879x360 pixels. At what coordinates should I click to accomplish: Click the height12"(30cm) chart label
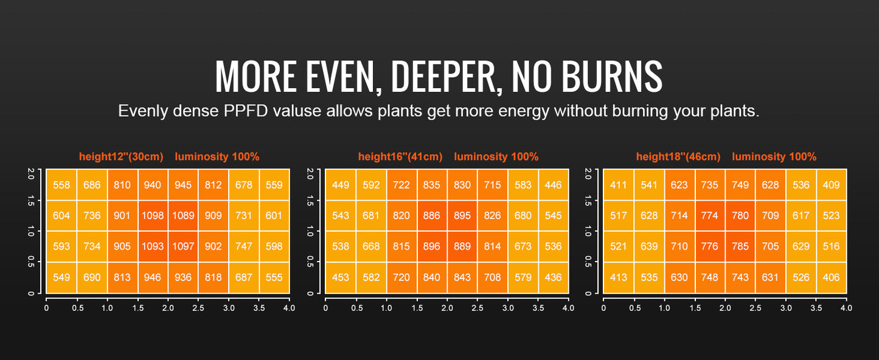tap(121, 157)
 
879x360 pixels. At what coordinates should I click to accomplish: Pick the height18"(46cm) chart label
tap(678, 157)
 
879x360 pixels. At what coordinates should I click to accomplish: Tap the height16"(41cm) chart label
tap(400, 157)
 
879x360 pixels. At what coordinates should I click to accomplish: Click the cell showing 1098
tap(153, 216)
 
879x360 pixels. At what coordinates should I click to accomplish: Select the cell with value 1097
tap(183, 246)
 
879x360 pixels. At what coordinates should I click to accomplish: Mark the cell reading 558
tap(61, 185)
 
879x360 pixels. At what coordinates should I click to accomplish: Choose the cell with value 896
tap(432, 246)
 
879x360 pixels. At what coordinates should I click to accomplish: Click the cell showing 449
tap(341, 185)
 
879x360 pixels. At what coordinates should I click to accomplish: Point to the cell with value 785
tap(740, 246)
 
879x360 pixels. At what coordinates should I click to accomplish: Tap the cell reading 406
tap(831, 277)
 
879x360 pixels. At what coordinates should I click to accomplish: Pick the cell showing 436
tap(553, 277)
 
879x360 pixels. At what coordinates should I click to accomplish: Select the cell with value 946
tap(153, 277)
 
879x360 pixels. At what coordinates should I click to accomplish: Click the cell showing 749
tap(740, 185)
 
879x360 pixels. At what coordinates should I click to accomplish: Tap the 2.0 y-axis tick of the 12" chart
tap(31, 173)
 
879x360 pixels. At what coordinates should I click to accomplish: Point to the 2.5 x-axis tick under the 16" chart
tap(478, 308)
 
